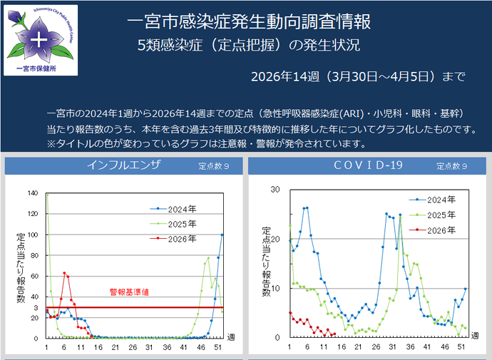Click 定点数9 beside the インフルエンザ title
[x=213, y=166]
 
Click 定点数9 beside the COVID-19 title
[x=451, y=166]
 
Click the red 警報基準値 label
[x=129, y=292]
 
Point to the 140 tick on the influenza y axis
[x=32, y=192]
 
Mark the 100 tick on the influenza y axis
[x=32, y=234]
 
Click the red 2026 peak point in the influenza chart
[x=64, y=272]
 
